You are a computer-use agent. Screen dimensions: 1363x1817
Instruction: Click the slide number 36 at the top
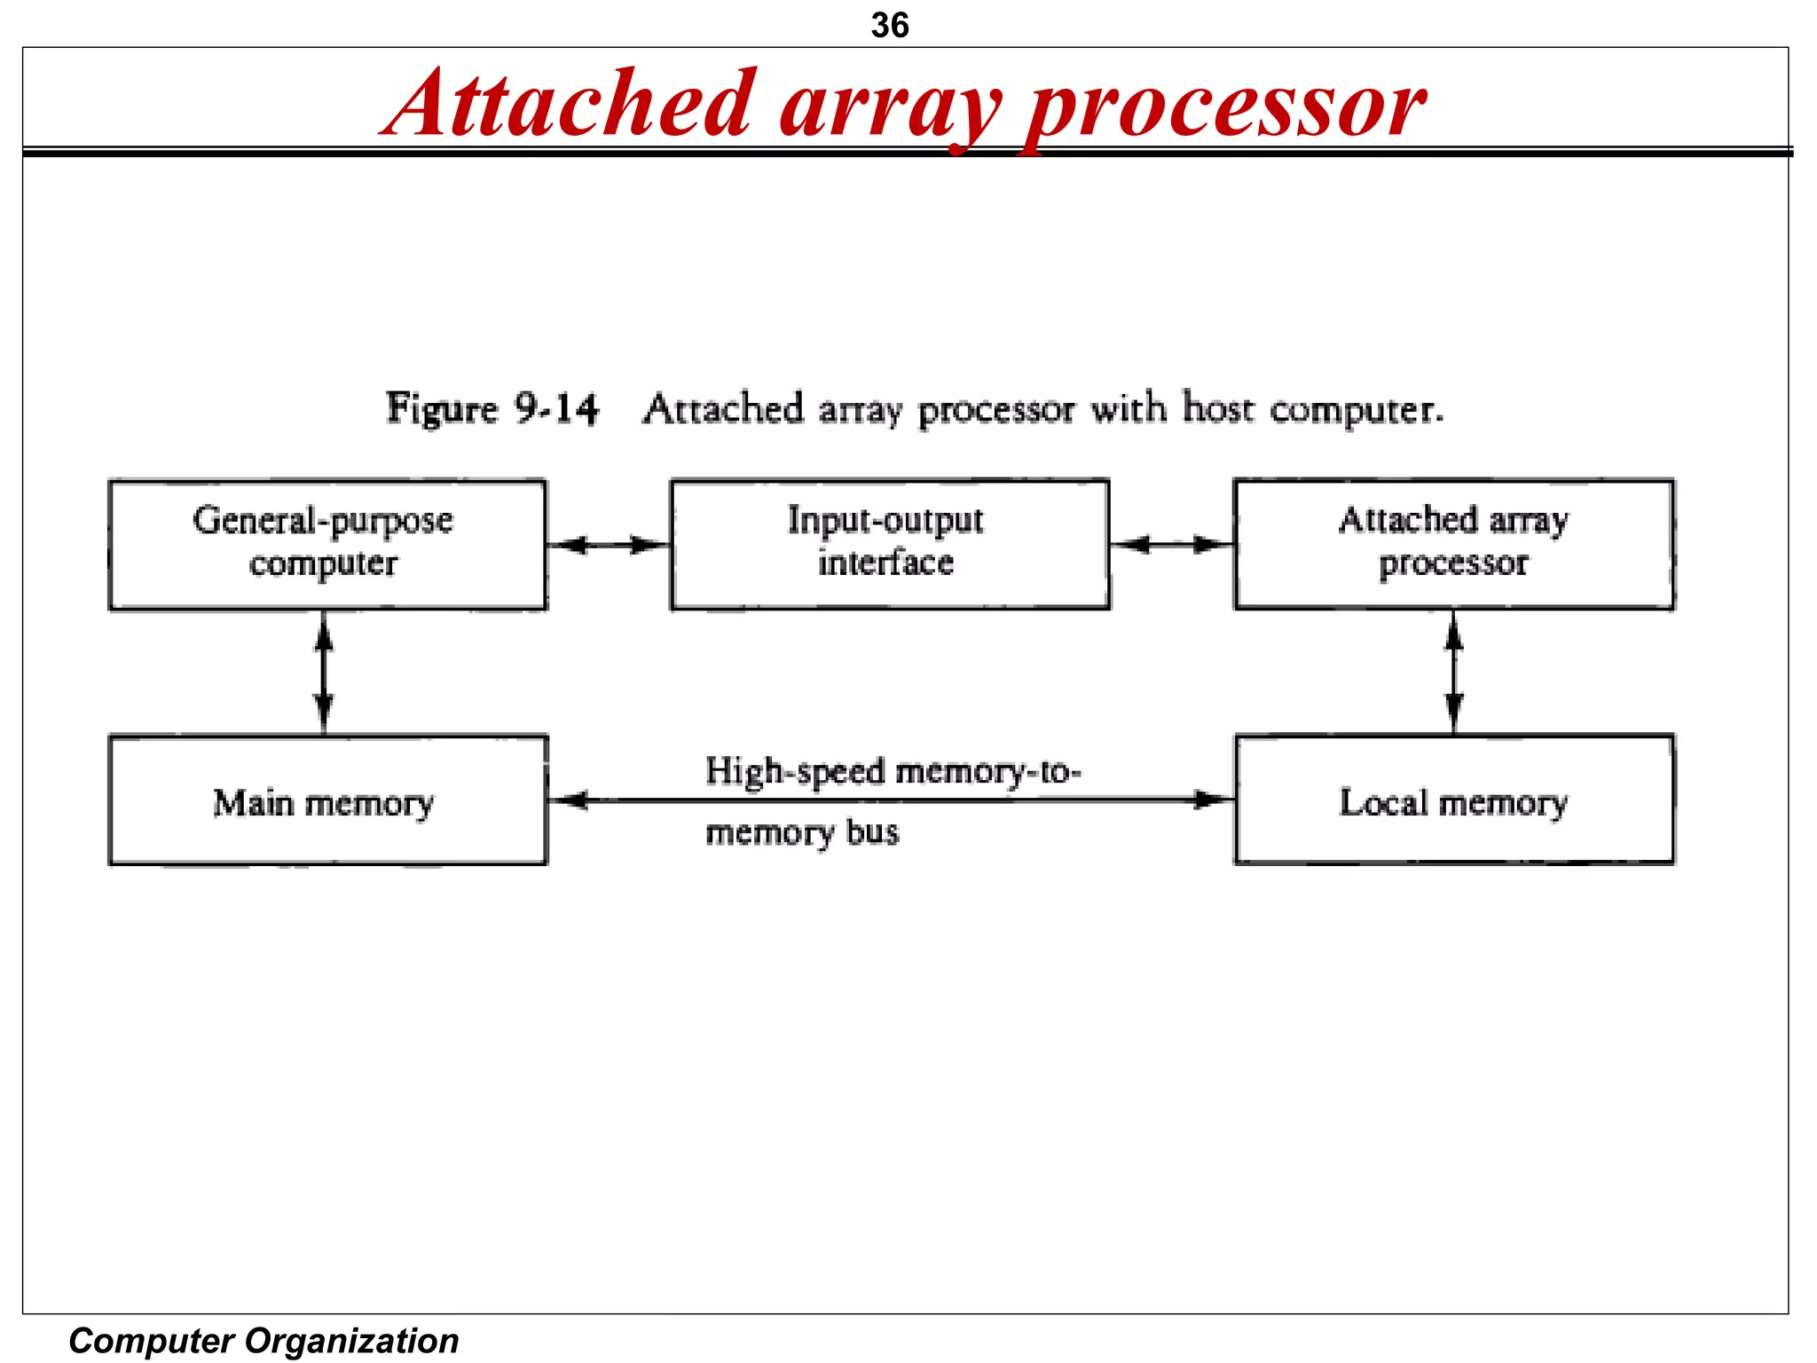pos(889,25)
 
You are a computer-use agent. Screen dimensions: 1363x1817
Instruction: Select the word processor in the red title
pos(1224,106)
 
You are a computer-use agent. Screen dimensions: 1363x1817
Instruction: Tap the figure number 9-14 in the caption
pos(556,409)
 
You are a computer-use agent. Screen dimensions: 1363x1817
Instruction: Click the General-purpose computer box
pos(327,544)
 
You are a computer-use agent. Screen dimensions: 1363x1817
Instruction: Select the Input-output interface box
pos(889,544)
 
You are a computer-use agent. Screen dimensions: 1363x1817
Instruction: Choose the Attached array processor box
pos(1453,544)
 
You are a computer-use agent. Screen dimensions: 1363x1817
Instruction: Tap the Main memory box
pos(327,800)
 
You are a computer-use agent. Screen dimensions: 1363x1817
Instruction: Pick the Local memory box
pos(1453,800)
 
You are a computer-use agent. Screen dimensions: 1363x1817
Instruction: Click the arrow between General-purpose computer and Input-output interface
pos(609,544)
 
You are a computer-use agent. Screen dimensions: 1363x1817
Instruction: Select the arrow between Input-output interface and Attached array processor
pos(1171,544)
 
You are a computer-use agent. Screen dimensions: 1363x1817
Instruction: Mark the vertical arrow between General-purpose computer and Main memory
pos(324,672)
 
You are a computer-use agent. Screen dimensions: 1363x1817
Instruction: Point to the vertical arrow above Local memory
pos(1453,672)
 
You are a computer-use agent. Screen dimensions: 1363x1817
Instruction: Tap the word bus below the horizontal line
pos(872,832)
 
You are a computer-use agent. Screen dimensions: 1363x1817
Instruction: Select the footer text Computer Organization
pos(264,1340)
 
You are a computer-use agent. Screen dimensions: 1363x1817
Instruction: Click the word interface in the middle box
pos(885,563)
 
